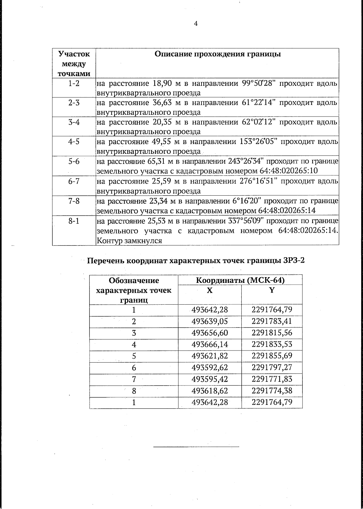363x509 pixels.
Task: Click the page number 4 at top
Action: [x=196, y=24]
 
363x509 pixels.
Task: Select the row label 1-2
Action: [x=74, y=83]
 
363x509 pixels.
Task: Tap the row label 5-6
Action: [x=74, y=162]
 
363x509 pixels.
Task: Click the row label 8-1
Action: [x=74, y=221]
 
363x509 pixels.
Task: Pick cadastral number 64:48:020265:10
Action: [x=289, y=171]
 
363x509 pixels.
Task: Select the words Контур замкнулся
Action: [x=129, y=241]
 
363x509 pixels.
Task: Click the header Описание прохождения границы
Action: [x=217, y=54]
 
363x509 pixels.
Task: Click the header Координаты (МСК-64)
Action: [x=240, y=280]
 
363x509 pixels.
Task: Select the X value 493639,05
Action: [x=210, y=321]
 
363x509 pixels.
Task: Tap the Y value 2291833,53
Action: [x=272, y=344]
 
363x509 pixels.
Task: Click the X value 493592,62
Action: [x=210, y=367]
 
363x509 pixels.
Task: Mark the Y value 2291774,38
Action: [x=272, y=391]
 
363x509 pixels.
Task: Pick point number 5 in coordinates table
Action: [x=134, y=356]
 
